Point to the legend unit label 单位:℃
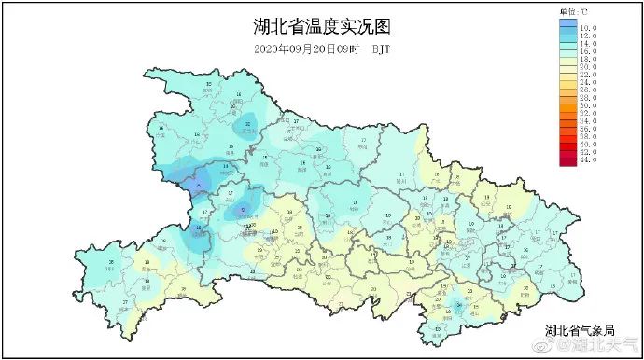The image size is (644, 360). click(573, 11)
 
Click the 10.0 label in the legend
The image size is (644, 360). click(589, 29)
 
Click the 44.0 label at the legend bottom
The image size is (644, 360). click(589, 161)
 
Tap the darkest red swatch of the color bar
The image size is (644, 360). click(568, 161)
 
